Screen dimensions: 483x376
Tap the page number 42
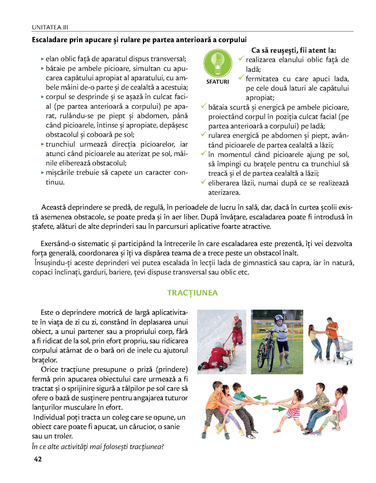[x=38, y=459]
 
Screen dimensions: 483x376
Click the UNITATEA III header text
[x=50, y=28]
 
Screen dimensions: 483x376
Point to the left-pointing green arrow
[x=260, y=397]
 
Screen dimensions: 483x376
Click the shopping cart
[x=344, y=345]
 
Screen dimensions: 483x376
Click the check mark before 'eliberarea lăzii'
[x=204, y=182]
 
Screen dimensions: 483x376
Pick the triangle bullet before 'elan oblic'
[x=42, y=59]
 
